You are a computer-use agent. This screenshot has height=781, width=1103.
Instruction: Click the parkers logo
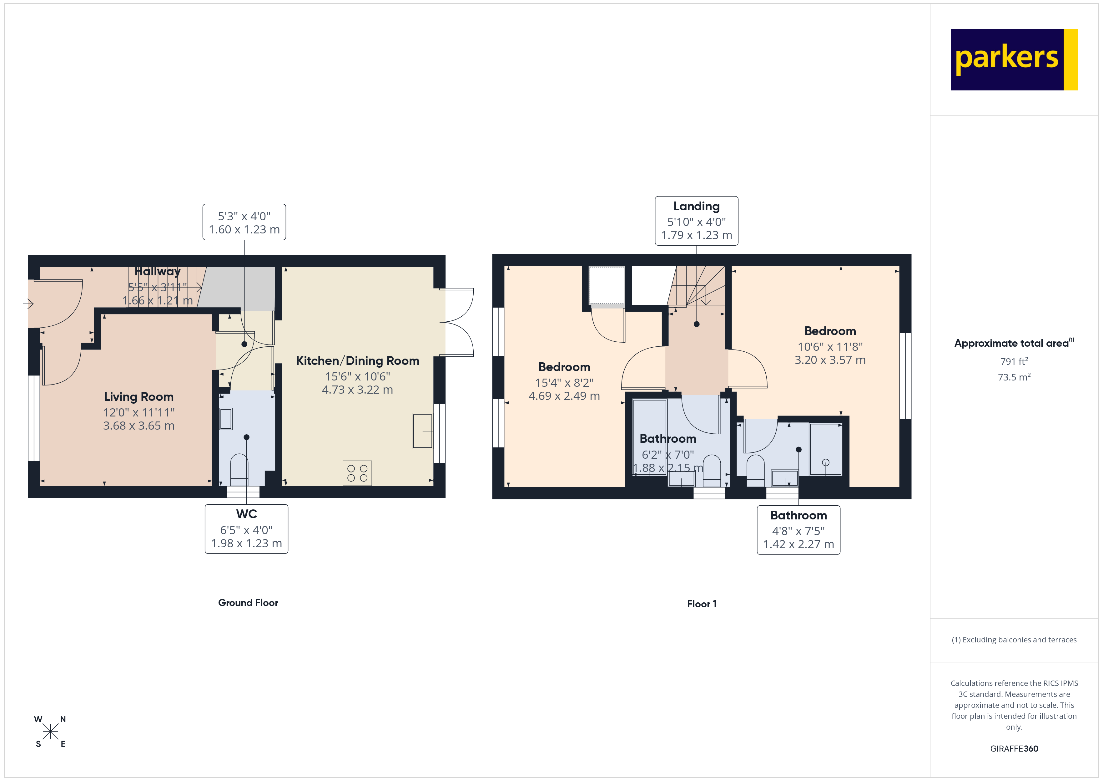coord(1014,60)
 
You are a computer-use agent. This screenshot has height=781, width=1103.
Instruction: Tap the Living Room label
coord(139,397)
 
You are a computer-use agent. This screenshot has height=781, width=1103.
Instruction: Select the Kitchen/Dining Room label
coord(357,361)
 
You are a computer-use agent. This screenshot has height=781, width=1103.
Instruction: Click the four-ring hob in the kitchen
coord(357,473)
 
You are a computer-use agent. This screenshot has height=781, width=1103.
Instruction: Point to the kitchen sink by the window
coord(422,431)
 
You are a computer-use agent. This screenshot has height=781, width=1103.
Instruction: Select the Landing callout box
coord(696,221)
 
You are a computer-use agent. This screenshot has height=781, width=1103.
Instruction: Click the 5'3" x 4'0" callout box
coord(244,222)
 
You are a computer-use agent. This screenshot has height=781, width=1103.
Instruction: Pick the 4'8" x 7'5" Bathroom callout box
coord(798,530)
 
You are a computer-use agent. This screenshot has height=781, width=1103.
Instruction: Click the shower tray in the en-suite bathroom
coord(825,449)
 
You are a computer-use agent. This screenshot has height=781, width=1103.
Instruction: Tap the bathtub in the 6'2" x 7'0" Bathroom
coord(649,437)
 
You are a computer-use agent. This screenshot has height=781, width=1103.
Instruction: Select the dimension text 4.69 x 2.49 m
coord(564,396)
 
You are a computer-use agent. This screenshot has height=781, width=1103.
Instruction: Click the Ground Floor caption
coord(248,603)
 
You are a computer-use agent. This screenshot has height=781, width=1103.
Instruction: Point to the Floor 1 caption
coord(701,604)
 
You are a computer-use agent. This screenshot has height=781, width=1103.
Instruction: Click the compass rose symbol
coord(50,732)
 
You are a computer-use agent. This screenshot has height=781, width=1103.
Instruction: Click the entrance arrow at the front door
coord(28,304)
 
